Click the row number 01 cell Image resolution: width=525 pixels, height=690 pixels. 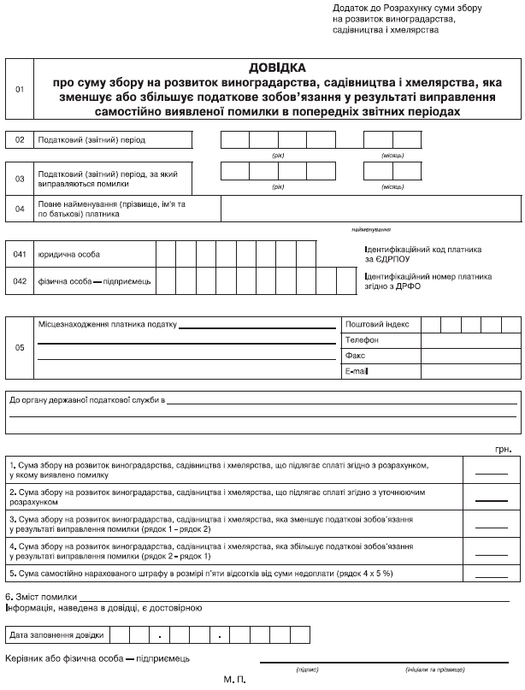tap(20, 89)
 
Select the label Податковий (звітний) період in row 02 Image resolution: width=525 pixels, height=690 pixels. tap(92, 139)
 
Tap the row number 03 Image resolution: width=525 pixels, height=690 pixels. tap(20, 178)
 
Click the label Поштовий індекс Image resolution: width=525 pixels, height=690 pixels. tap(377, 325)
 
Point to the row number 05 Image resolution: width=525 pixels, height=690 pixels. tap(20, 348)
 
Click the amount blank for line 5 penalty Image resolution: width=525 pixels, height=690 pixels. tap(491, 572)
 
